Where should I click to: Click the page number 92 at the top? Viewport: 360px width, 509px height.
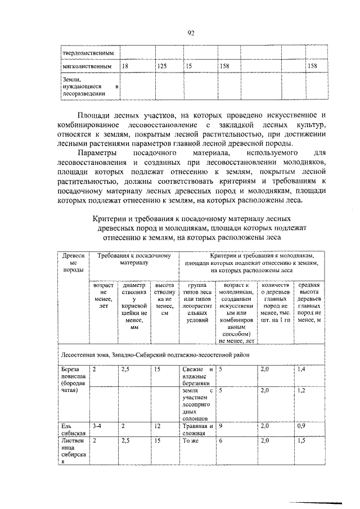191,33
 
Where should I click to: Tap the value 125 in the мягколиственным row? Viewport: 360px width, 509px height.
162,66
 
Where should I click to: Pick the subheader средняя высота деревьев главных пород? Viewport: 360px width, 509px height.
309,304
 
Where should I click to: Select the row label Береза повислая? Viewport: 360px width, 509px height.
74,380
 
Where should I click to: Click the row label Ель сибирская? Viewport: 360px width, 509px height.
74,430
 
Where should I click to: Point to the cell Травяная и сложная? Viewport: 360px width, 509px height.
197,430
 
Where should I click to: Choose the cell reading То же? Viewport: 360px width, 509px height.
191,442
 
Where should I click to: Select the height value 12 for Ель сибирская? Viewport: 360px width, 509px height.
157,426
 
